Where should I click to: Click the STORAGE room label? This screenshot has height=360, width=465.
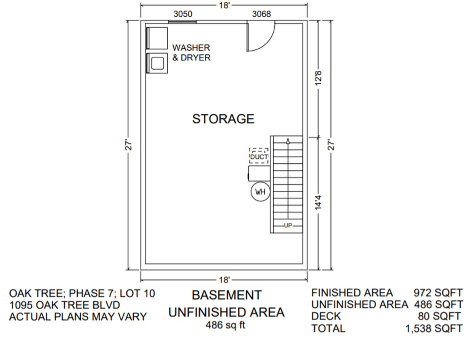coord(223,119)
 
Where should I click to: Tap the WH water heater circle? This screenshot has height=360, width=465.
coord(260,192)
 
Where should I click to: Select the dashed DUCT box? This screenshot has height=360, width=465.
coord(259,156)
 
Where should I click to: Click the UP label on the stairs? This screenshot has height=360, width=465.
coord(287,226)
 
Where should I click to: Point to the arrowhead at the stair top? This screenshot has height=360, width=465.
coord(288,141)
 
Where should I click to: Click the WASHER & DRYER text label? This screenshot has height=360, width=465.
coord(191,52)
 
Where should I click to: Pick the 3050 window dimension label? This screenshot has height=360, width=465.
coord(183,14)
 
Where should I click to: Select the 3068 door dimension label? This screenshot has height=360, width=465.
coord(261,14)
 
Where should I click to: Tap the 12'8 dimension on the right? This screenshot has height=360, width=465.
coord(318,78)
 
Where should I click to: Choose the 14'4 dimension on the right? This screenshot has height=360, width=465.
coord(318,203)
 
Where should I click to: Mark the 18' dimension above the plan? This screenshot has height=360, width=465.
coord(225,6)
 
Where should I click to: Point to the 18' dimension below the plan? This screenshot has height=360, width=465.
coord(225,280)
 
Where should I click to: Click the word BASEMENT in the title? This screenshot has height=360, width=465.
coord(226,295)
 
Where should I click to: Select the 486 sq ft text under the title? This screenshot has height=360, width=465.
coord(225,325)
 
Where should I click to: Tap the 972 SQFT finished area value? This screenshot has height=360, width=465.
coord(437,293)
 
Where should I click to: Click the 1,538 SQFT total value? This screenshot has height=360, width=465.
coord(433,328)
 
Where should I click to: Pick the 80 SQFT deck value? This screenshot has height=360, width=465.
coord(439,316)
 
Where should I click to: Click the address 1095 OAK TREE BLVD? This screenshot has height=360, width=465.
coord(64,305)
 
